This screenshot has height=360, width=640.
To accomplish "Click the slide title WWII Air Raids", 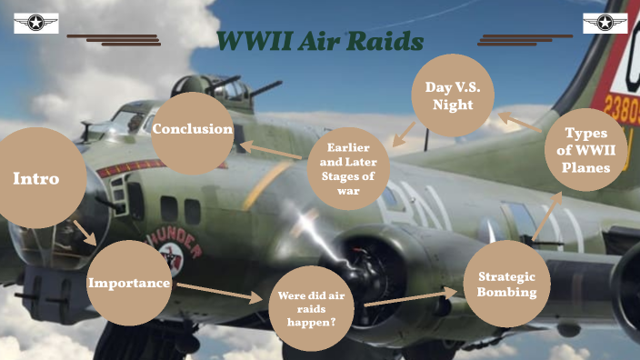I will pyautogui.click(x=320, y=41).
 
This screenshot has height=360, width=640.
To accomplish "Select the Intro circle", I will pyautogui.click(x=36, y=179).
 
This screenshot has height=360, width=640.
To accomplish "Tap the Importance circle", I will pyautogui.click(x=129, y=283).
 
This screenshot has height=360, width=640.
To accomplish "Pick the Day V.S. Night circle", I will pyautogui.click(x=454, y=95).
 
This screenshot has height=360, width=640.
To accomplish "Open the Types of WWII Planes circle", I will pyautogui.click(x=585, y=149).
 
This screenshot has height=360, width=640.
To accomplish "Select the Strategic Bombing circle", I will pyautogui.click(x=506, y=284).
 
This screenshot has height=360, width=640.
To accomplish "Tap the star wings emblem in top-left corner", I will pyautogui.click(x=36, y=23).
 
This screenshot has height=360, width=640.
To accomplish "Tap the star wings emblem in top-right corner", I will pyautogui.click(x=605, y=23).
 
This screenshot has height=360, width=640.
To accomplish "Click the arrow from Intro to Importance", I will pyautogui.click(x=86, y=234).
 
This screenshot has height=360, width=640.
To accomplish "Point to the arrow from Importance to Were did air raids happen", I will pyautogui.click(x=219, y=292).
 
